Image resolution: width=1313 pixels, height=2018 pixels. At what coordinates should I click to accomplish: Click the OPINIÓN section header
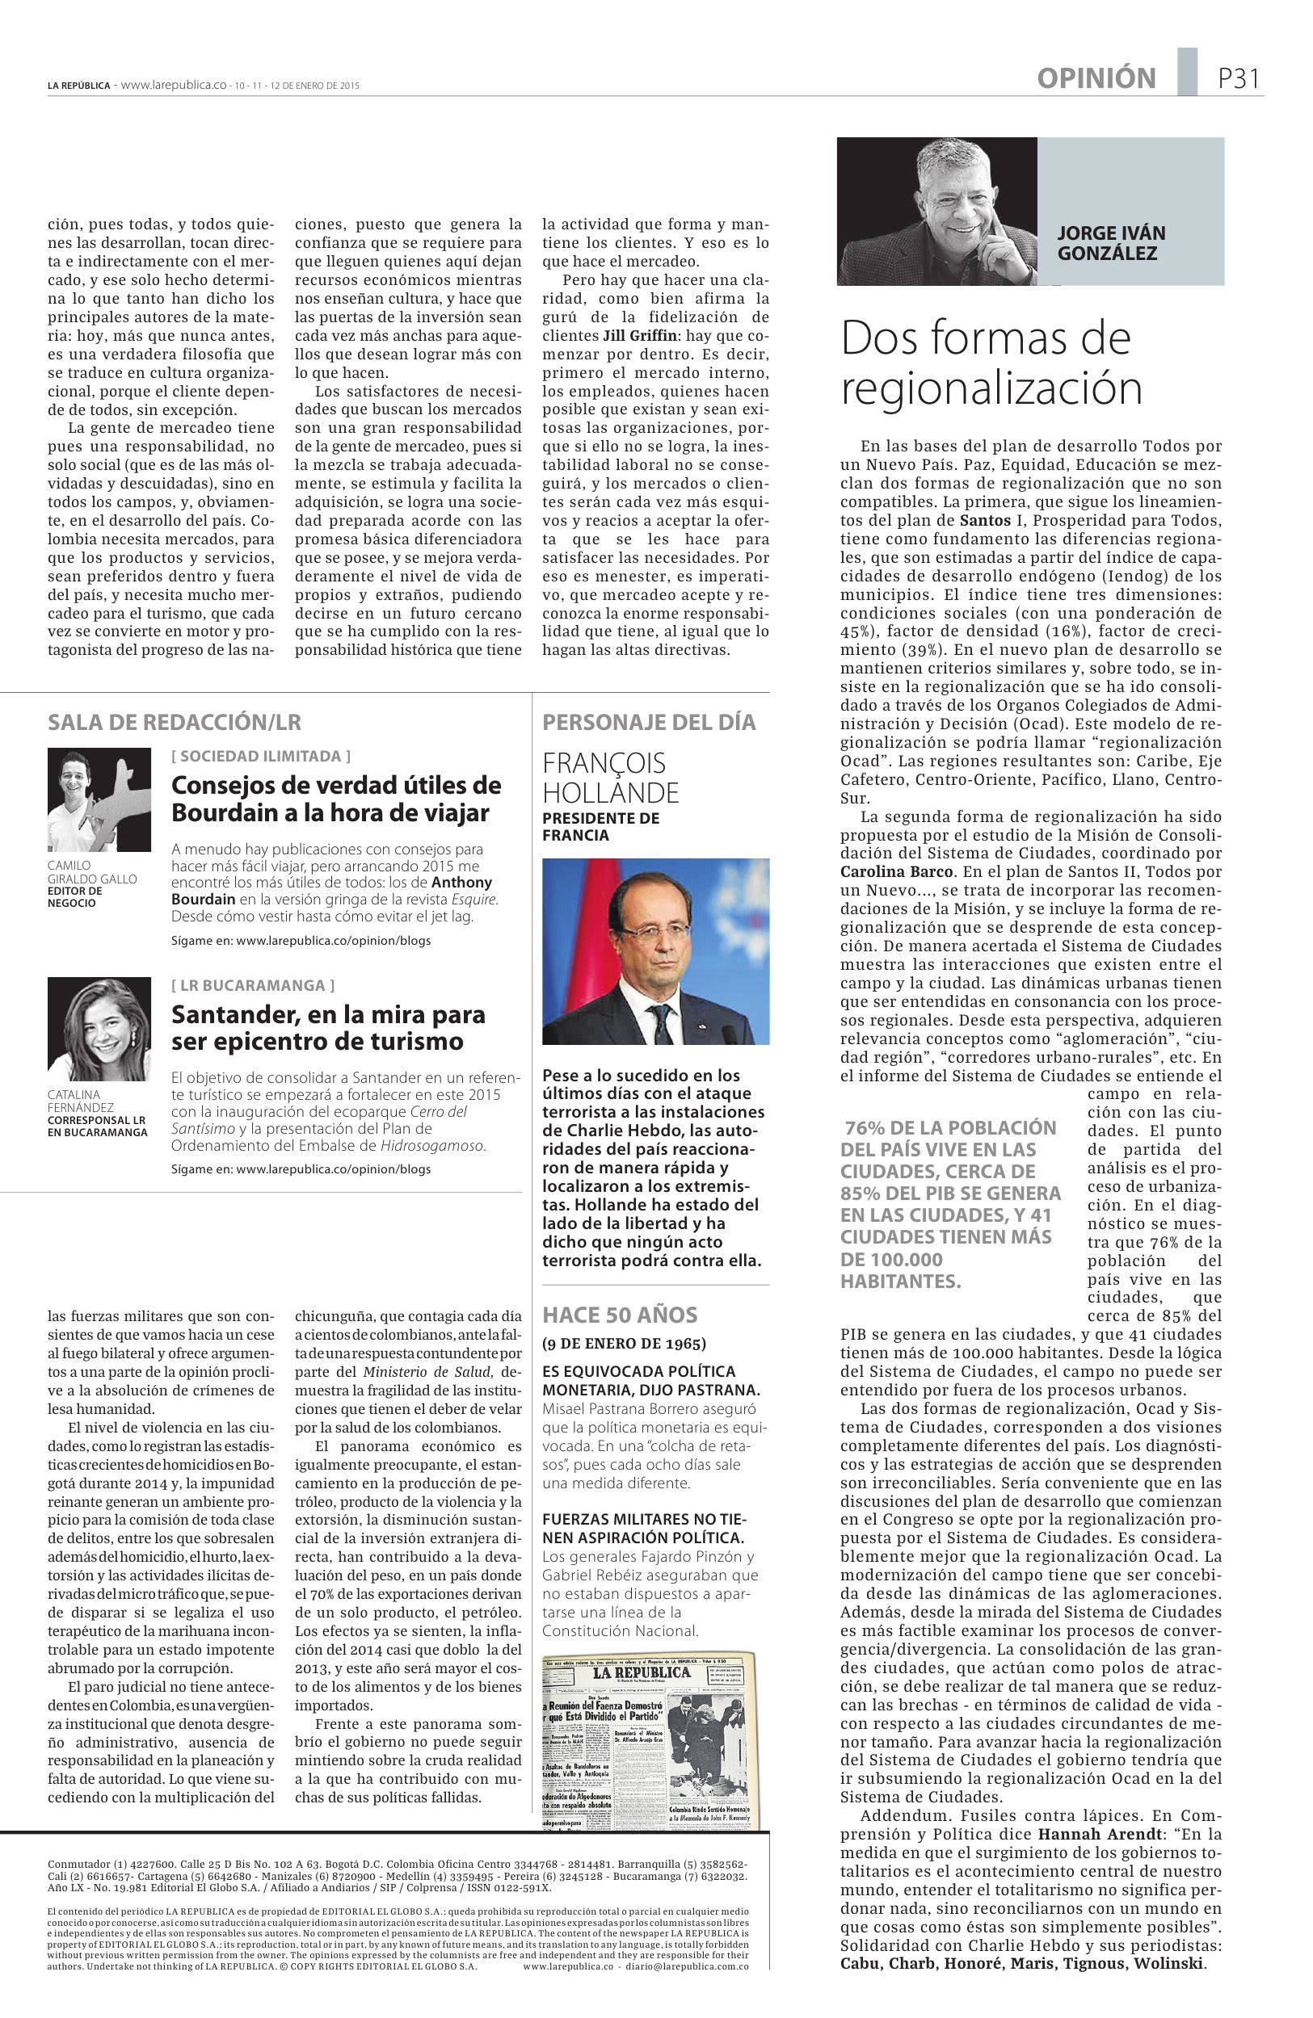click(1096, 79)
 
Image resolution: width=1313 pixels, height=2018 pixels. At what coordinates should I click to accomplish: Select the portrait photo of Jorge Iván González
click(936, 211)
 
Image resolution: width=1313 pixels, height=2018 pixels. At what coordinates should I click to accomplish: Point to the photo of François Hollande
click(654, 950)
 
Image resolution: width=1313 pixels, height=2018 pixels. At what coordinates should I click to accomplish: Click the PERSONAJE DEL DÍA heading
click(649, 723)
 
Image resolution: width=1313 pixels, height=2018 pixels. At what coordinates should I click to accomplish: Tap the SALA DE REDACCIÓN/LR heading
click(175, 723)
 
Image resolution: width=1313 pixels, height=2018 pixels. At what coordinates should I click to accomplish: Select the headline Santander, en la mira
click(327, 1027)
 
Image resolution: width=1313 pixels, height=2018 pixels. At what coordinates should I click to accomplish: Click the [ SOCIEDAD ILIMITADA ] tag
click(260, 756)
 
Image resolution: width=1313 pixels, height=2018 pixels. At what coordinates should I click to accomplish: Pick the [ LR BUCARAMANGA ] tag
click(253, 984)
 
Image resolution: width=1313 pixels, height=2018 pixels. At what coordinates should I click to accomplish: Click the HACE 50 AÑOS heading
click(619, 1315)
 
